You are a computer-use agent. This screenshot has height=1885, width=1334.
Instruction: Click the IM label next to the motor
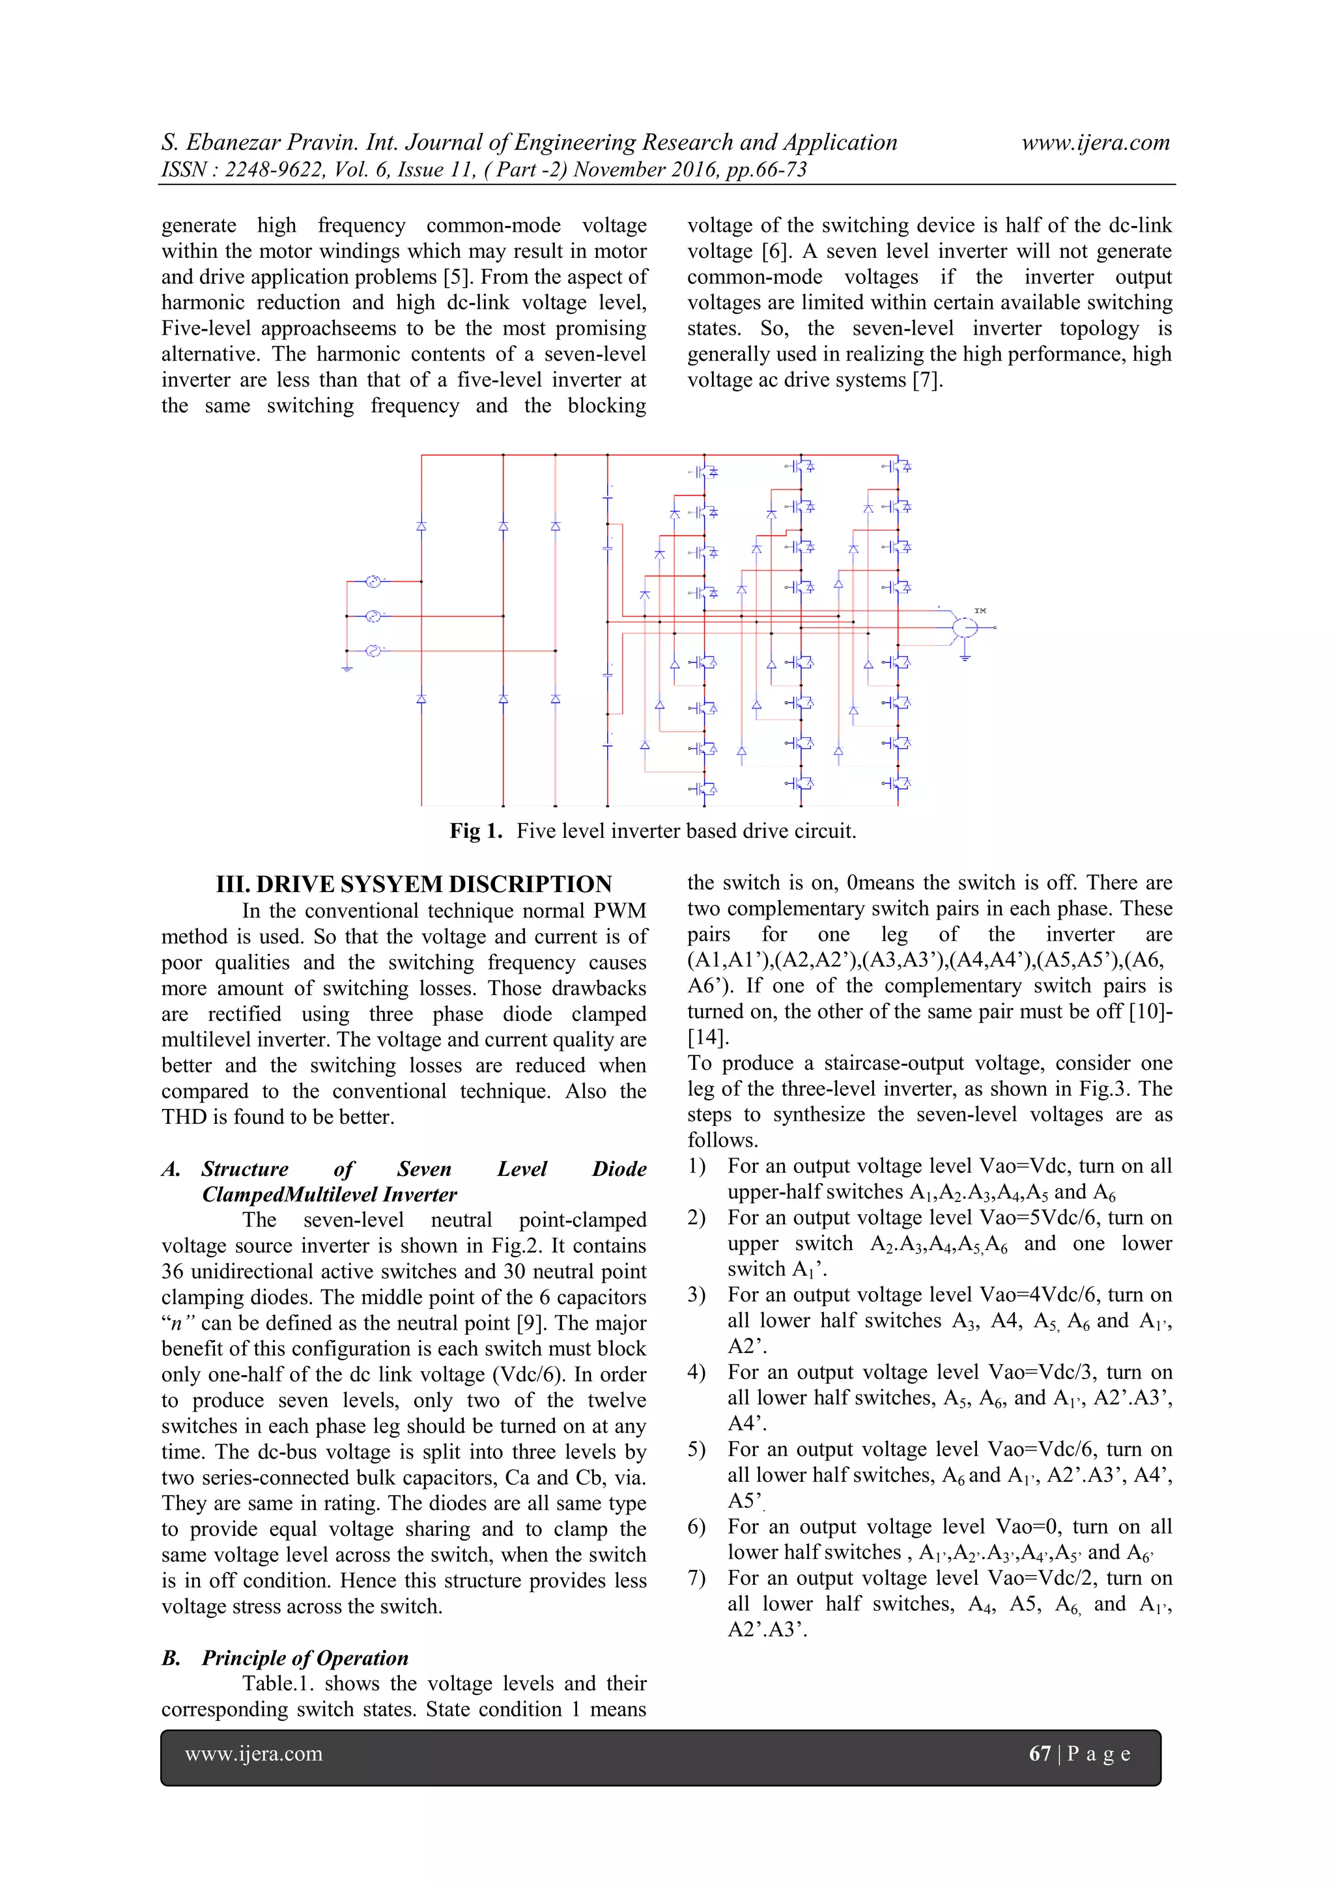coord(980,610)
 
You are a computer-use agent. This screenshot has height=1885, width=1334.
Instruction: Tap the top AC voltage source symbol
coord(372,581)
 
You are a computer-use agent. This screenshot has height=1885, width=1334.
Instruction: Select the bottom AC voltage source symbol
coord(372,651)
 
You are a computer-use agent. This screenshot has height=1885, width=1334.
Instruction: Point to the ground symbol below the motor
coord(965,657)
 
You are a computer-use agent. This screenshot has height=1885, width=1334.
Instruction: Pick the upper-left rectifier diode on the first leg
coord(421,525)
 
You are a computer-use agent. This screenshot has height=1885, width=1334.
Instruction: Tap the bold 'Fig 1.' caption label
coord(475,831)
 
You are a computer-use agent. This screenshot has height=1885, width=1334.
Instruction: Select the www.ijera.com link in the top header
coord(1095,143)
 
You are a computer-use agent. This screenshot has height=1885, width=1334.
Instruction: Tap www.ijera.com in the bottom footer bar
coord(254,1753)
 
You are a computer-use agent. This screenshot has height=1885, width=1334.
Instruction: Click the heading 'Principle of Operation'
coord(305,1658)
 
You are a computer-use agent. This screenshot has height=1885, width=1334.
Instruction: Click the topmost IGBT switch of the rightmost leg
coord(900,466)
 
